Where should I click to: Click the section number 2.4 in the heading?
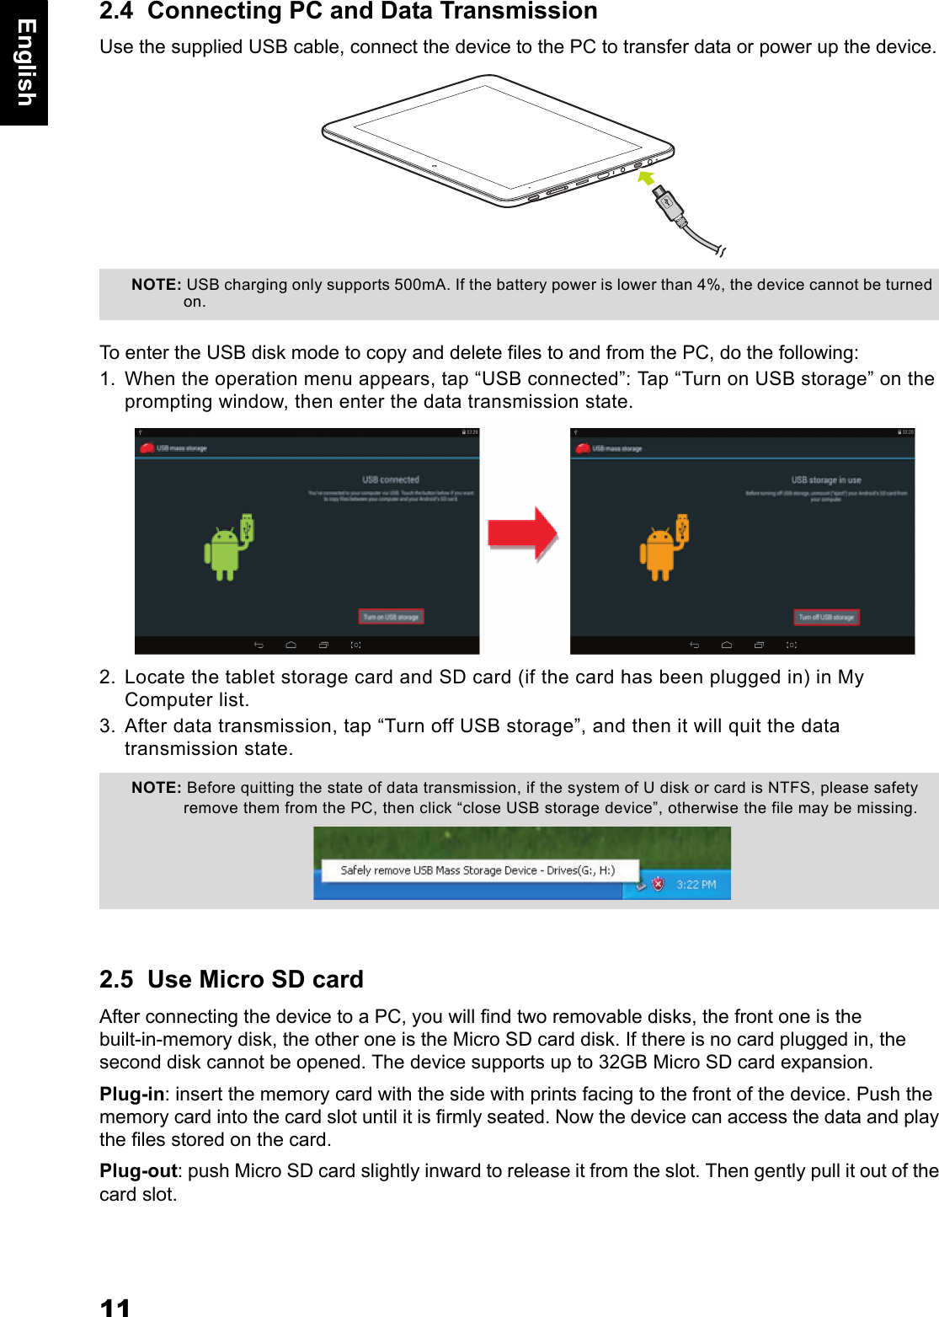(116, 12)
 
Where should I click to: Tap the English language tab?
(25, 62)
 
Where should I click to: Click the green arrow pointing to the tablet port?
(646, 178)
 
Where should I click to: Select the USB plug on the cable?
(669, 203)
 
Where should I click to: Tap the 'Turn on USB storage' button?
(391, 617)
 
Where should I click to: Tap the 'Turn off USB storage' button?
(826, 617)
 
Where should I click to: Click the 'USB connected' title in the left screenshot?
(390, 479)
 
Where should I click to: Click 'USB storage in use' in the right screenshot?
(825, 479)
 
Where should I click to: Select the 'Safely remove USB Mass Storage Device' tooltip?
(478, 870)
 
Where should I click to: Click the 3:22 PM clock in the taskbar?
(696, 885)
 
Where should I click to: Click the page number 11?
(115, 1307)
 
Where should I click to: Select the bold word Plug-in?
(131, 1094)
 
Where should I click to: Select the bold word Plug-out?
(138, 1170)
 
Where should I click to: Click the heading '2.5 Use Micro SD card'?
(232, 979)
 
